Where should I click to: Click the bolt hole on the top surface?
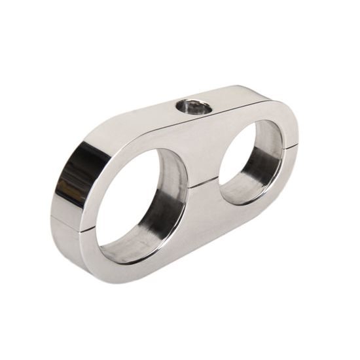193,106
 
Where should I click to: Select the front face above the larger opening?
147,141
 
